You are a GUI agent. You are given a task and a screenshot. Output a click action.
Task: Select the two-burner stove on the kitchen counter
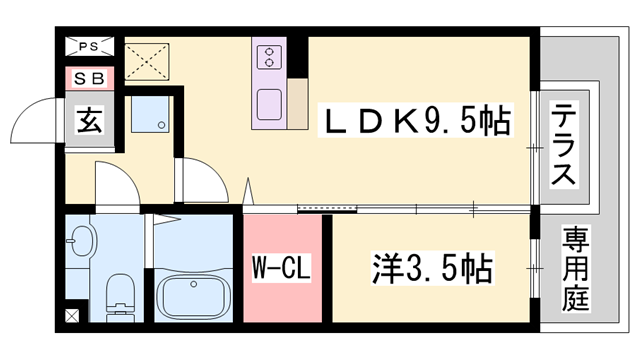coord(271,59)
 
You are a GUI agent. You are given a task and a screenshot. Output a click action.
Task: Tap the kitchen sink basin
coord(271,104)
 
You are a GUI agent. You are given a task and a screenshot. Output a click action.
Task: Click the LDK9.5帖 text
coord(415,123)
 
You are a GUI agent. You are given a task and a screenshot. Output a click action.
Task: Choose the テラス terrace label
coord(564,146)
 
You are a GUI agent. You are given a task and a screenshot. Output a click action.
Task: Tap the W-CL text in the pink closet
coord(282,268)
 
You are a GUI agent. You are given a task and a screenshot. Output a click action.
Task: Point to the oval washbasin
coord(84,241)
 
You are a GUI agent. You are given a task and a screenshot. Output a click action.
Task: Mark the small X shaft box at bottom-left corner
coord(70,317)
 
